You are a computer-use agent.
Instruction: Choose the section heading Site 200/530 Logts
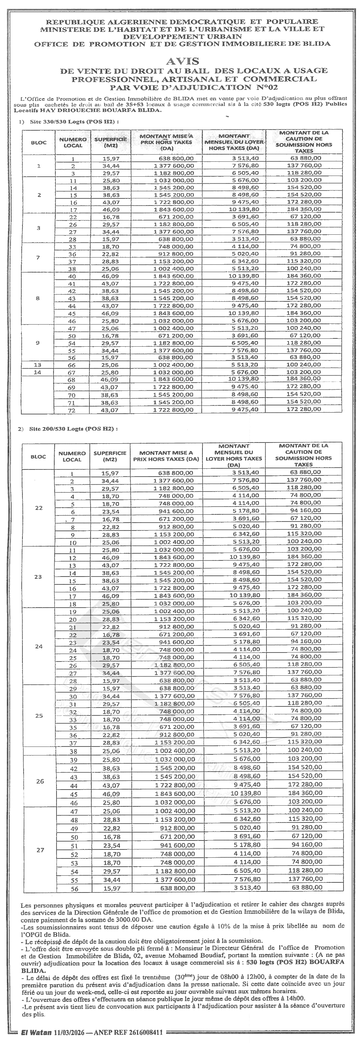pos(72,429)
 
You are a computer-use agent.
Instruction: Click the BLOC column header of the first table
pos(39,143)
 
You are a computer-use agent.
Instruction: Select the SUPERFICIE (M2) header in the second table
pos(110,456)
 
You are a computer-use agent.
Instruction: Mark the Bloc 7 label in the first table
pos(38,258)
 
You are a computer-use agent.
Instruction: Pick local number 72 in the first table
pos(73,410)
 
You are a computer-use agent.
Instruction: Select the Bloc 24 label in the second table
pos(39,646)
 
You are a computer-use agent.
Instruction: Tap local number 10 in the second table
pos(73,542)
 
